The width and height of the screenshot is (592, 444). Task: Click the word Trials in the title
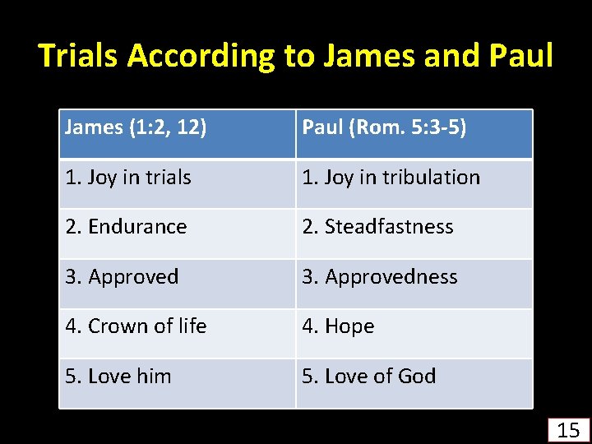(79, 56)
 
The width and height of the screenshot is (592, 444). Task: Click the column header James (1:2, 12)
(136, 127)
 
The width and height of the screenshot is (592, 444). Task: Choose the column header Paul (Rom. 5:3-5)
(384, 127)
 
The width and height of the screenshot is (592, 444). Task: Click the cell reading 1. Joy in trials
(128, 177)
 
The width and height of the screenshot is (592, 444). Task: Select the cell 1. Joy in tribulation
(391, 177)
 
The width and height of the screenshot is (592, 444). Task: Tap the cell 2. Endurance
(127, 226)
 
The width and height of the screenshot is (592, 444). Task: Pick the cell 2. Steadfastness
(378, 226)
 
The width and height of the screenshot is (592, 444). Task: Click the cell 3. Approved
(122, 276)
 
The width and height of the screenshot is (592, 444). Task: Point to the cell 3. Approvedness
(380, 276)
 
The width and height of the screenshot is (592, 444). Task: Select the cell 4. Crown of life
(136, 326)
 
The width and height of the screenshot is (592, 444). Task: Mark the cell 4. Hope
(339, 326)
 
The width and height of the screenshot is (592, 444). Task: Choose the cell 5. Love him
(118, 376)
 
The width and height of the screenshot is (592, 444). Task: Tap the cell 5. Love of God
(369, 376)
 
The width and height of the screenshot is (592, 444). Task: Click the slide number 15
(568, 429)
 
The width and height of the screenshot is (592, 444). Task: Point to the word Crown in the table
(114, 326)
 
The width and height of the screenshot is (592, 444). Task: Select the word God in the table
(416, 376)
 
